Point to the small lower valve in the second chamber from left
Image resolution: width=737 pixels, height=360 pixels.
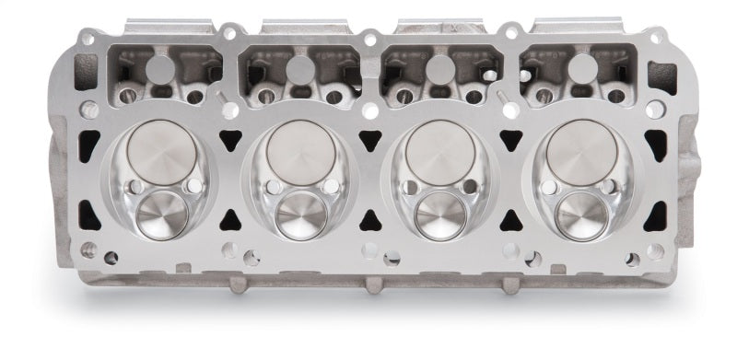click(x=300, y=213)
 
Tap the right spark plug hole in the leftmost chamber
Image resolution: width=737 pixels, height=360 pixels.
click(x=193, y=187)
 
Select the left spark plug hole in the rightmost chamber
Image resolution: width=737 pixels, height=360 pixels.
click(x=550, y=188)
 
